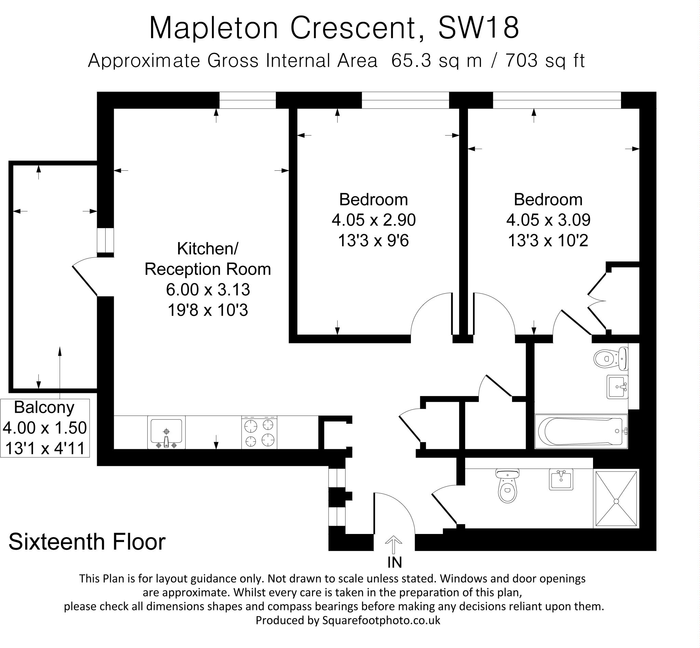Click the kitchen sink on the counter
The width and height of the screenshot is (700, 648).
[166, 432]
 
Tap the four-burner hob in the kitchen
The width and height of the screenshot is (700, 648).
[259, 432]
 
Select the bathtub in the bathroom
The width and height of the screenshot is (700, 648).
[581, 431]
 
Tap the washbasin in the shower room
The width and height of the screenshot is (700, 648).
[561, 479]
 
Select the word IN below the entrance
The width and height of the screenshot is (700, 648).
[394, 562]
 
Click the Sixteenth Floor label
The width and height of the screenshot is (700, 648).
[87, 542]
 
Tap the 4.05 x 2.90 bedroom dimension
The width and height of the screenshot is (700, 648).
[374, 220]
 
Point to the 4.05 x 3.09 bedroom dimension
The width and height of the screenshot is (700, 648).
[548, 220]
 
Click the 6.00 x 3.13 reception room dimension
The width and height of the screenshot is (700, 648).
[208, 289]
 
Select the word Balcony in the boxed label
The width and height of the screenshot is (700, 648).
[44, 407]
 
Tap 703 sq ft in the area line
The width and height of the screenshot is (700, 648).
[545, 61]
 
